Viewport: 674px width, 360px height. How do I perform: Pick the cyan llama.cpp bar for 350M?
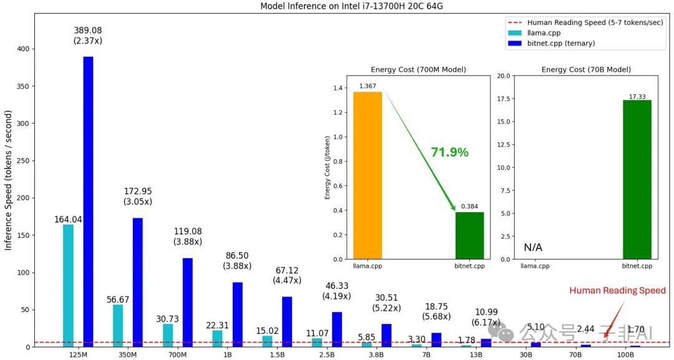tap(118, 325)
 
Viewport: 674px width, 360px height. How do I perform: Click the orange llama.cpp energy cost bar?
tap(368, 175)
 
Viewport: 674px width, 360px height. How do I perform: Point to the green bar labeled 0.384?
tap(469, 235)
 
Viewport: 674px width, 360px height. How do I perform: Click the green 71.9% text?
tap(449, 152)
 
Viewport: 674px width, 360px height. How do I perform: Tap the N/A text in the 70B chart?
tap(533, 248)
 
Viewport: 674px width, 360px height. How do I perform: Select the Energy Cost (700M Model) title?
tap(418, 69)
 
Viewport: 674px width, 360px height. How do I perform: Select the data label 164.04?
tap(68, 219)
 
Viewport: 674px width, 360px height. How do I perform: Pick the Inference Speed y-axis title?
tap(9, 180)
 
